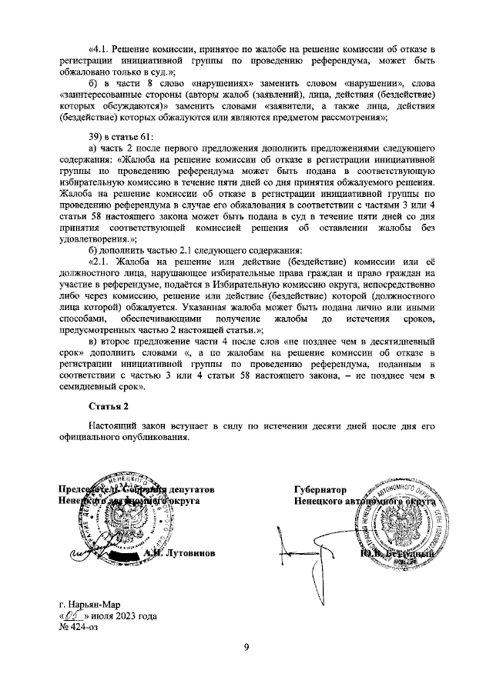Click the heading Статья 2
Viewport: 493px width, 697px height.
(x=108, y=405)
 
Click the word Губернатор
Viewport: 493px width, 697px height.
(x=320, y=489)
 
